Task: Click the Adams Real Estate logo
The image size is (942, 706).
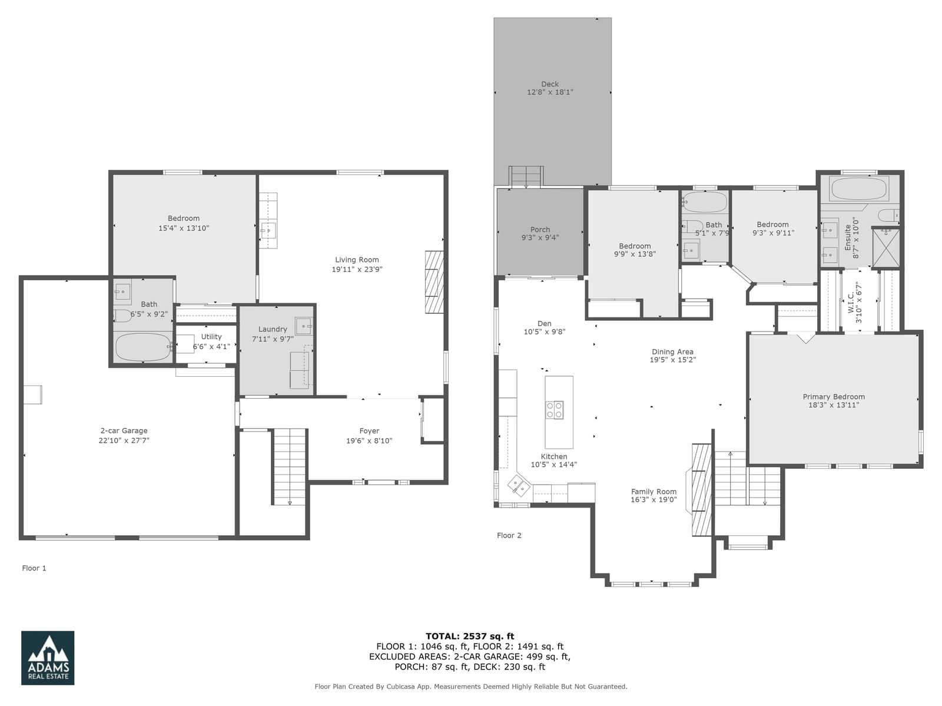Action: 48,657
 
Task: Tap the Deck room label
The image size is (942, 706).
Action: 550,84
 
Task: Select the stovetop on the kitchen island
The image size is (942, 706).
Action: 555,410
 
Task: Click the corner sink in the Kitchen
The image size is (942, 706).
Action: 519,485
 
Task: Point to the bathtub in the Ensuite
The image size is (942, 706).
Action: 859,189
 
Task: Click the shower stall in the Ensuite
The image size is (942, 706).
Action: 886,248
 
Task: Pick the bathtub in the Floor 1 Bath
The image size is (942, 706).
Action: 144,347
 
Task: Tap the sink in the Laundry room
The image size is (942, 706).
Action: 303,326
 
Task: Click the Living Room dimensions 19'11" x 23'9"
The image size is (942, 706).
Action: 357,270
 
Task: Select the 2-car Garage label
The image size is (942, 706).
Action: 124,430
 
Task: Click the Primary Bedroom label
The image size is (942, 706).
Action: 834,396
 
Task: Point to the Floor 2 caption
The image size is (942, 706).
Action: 509,535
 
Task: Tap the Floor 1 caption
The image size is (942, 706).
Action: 34,568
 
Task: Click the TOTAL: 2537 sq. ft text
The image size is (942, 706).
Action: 470,636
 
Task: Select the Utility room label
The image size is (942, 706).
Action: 211,337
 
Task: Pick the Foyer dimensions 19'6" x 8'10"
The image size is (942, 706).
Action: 369,441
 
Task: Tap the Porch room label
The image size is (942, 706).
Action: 540,230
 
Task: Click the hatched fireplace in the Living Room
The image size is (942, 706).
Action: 434,282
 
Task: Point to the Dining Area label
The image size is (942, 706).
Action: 672,352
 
